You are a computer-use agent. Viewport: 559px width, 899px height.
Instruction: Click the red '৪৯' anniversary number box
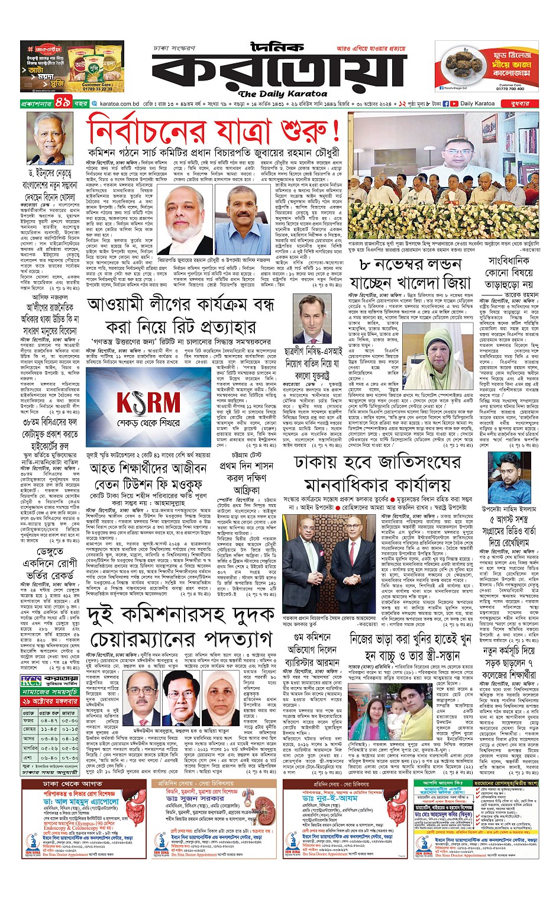63,104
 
